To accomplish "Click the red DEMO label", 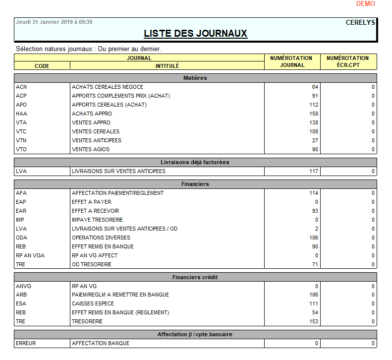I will [365, 4].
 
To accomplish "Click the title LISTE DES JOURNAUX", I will [195, 34].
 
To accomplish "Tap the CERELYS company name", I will [360, 22].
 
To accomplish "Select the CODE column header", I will [42, 65].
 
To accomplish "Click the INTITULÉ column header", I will [167, 65].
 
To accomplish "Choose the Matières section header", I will [195, 78].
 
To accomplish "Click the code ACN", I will [21, 87].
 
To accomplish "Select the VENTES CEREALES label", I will [96, 131].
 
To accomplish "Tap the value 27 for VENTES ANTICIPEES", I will [315, 140].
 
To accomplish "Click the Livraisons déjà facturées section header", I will [195, 162].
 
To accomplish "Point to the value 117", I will [313, 171].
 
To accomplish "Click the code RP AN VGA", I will [30, 255].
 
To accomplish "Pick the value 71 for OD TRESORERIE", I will [315, 264].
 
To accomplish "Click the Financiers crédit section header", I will [195, 277].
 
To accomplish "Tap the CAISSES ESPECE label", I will [93, 303].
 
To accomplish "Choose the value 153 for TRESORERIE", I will [313, 321].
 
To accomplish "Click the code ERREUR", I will [26, 343].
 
